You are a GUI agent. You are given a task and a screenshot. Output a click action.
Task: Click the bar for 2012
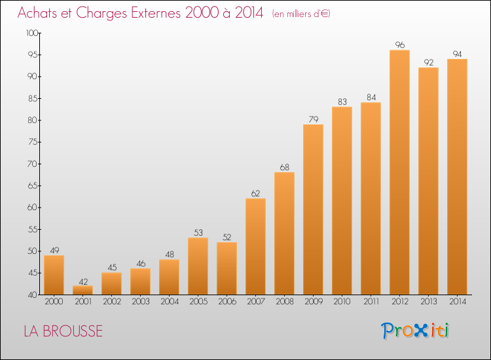(399, 172)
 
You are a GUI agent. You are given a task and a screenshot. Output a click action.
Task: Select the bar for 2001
(82, 290)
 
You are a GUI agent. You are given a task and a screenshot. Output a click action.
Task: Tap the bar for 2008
(284, 234)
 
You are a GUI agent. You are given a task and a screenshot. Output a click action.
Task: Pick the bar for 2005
(198, 266)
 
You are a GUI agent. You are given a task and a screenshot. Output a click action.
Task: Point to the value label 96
(399, 45)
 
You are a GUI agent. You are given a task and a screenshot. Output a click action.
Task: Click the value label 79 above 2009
(313, 119)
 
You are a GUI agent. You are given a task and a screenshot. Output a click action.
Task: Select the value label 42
(82, 281)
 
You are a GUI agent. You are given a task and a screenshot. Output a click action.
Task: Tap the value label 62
(255, 194)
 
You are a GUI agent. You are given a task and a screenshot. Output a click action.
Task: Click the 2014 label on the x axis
(457, 301)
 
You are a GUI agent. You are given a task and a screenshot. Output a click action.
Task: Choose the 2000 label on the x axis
(54, 301)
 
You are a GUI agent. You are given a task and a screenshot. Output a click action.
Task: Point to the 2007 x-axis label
(255, 301)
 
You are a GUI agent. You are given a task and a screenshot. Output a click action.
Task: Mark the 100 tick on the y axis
(31, 33)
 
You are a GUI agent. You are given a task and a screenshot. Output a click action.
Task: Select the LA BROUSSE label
(63, 331)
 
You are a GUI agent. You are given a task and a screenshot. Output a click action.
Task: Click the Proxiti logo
(415, 331)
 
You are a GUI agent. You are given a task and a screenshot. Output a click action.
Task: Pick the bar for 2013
(428, 181)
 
